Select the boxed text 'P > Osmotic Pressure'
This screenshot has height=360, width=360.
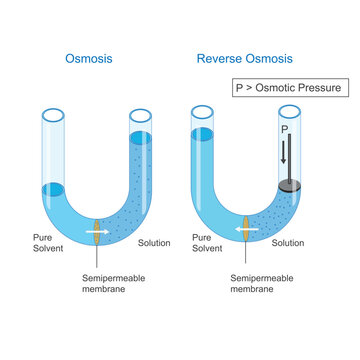(x=287, y=87)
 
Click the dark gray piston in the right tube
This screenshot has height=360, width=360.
(x=288, y=185)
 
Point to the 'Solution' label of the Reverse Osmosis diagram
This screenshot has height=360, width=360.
(x=288, y=243)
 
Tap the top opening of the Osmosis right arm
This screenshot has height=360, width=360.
(x=141, y=112)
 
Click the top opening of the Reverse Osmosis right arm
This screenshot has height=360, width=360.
(x=290, y=111)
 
